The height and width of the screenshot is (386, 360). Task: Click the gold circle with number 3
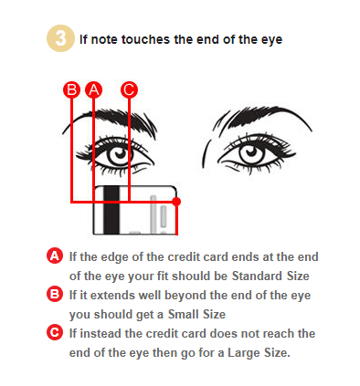point(60,38)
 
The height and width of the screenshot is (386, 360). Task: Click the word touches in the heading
point(145,39)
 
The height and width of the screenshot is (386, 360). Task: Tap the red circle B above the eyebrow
point(71,89)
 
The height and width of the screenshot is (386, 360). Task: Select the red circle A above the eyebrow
point(94,89)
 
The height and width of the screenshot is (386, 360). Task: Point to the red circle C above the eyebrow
point(129,89)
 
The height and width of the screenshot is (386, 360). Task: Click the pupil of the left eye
point(120,153)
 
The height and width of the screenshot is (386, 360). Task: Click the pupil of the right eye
point(251,151)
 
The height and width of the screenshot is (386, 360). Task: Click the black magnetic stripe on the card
point(111,210)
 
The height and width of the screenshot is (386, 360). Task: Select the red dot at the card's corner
point(176,202)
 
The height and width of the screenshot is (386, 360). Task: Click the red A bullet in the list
point(55,256)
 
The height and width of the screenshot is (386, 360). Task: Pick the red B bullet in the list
point(55,294)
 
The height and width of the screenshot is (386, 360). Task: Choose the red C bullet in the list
point(55,332)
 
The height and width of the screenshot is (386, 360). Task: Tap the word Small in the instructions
point(181,314)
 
